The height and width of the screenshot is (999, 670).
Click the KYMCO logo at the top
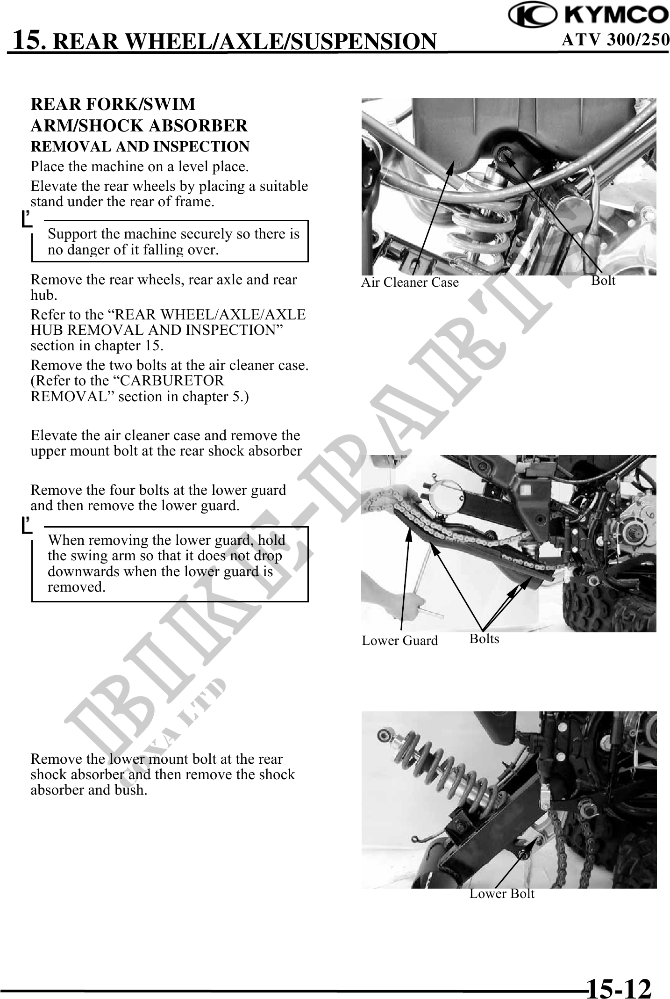click(x=588, y=16)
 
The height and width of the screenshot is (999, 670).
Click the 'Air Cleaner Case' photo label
click(x=410, y=282)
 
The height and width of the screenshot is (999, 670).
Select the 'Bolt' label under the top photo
click(x=603, y=281)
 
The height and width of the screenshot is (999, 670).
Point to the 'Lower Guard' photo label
click(x=399, y=641)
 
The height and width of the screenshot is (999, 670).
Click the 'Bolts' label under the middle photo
click(x=484, y=639)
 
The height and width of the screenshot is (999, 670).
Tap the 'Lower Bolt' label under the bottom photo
click(x=502, y=894)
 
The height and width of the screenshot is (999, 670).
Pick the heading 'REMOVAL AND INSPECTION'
click(x=140, y=146)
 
